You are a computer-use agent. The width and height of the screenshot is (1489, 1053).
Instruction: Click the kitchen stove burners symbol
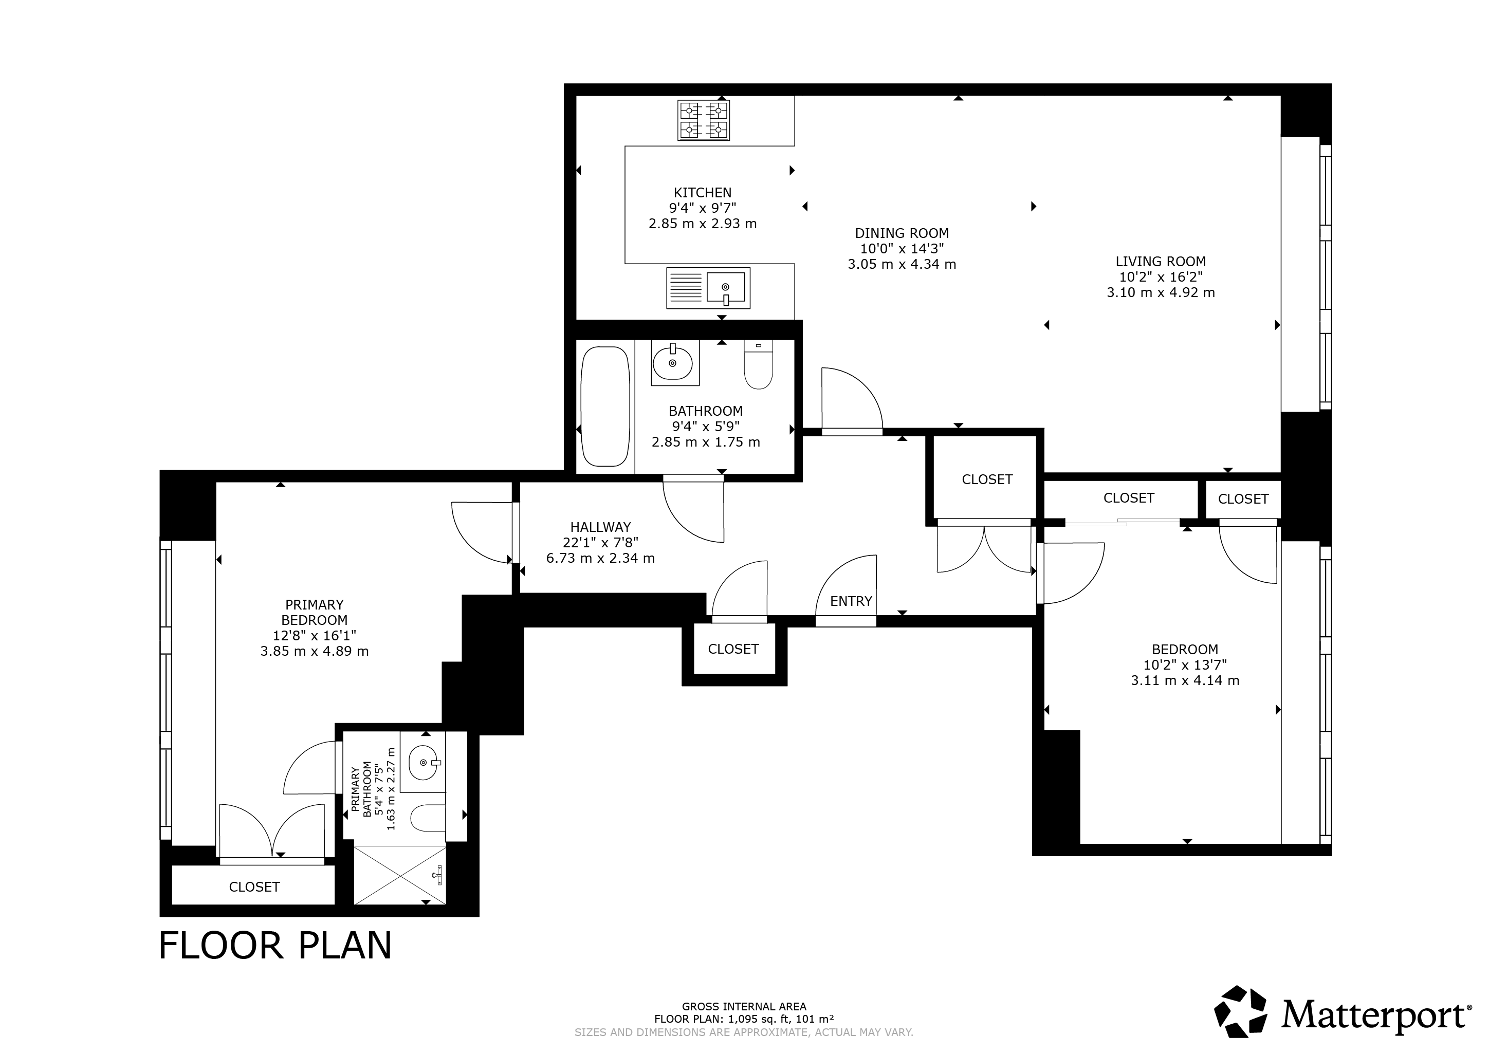pyautogui.click(x=704, y=121)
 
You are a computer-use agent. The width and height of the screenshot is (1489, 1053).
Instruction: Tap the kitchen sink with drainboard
pyautogui.click(x=708, y=288)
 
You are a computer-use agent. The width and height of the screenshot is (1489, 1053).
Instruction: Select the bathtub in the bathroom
pyautogui.click(x=605, y=407)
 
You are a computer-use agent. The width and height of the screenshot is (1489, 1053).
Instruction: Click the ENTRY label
pyautogui.click(x=851, y=601)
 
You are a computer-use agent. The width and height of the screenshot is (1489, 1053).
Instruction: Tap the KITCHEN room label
pyautogui.click(x=702, y=193)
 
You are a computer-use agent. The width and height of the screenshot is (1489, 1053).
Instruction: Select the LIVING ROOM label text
pyautogui.click(x=1160, y=261)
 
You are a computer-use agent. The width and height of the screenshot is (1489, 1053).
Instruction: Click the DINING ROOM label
pyautogui.click(x=902, y=233)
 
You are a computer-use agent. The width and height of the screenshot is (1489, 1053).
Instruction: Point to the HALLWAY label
pyautogui.click(x=600, y=527)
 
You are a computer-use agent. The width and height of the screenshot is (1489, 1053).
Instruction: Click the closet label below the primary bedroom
pyautogui.click(x=254, y=887)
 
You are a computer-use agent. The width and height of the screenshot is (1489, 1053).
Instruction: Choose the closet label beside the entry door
pyautogui.click(x=733, y=649)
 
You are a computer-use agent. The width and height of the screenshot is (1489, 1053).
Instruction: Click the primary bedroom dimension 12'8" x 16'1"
pyautogui.click(x=315, y=635)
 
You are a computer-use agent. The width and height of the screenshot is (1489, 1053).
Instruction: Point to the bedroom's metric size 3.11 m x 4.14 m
pyautogui.click(x=1185, y=680)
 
